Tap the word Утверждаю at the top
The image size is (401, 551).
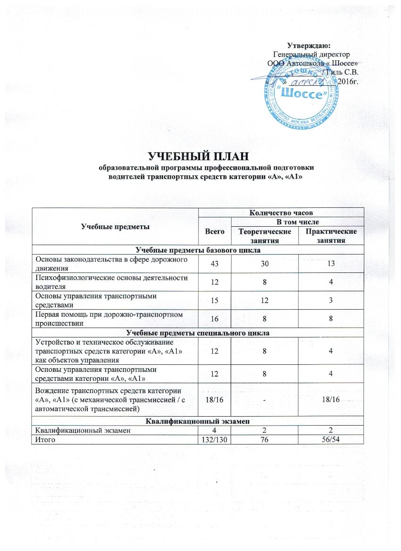(313, 45)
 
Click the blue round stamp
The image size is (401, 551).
(301, 94)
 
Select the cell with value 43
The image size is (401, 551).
(215, 263)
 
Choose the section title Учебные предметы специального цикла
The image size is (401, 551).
(197, 333)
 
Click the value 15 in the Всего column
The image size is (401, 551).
(215, 300)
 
